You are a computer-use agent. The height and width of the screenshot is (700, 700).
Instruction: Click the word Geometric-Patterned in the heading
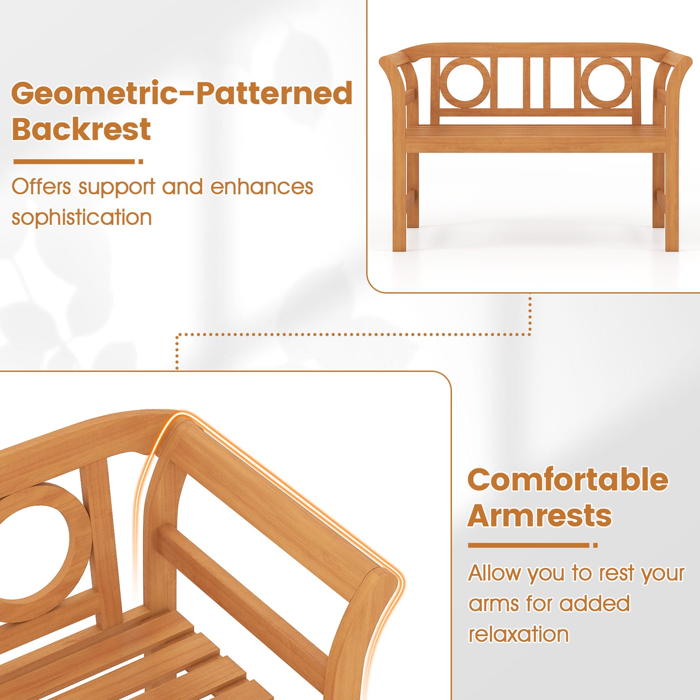(x=182, y=93)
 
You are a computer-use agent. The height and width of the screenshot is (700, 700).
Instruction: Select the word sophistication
(x=81, y=218)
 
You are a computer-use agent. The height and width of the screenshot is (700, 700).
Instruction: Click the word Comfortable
(x=568, y=480)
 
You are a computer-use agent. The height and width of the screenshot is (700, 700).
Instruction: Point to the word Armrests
(x=540, y=515)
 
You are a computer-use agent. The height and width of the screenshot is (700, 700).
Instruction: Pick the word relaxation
(x=518, y=634)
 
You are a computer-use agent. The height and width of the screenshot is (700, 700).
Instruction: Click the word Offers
(x=41, y=187)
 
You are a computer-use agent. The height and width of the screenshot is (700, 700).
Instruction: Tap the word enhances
(x=262, y=187)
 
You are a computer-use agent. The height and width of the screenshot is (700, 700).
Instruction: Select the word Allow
(x=494, y=573)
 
